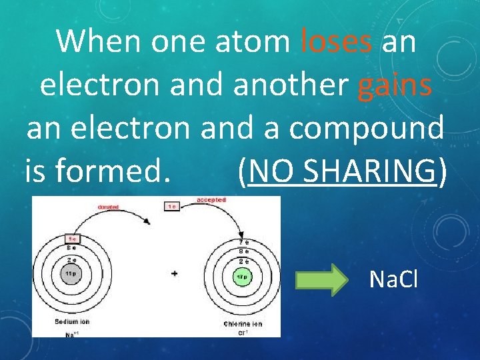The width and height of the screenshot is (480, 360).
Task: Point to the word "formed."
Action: point(110,172)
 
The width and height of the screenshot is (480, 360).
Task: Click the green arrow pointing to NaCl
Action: point(321,279)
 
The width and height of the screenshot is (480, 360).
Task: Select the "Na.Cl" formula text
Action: point(393,280)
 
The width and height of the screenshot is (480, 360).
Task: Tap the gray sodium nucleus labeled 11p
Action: point(71,273)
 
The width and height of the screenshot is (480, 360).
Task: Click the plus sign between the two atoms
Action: point(175,273)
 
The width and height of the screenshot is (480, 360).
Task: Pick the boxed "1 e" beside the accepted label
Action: point(171,206)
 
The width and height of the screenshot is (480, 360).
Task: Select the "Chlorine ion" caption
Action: point(244,323)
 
